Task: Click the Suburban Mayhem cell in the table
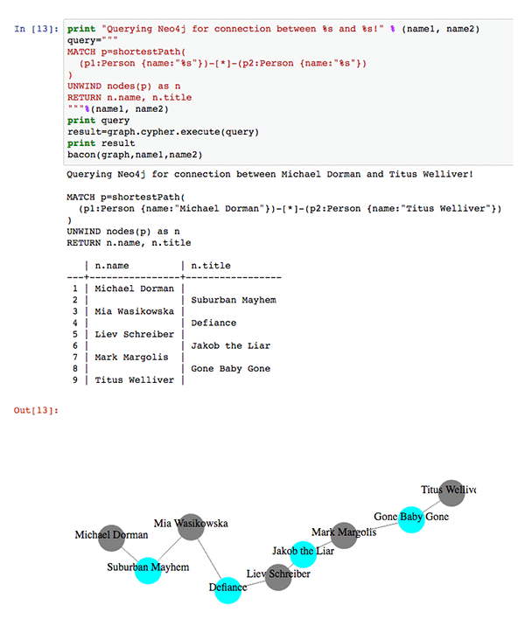pos(233,300)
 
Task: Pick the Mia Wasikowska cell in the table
pos(134,311)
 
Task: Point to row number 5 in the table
pos(75,334)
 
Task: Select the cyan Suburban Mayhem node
pos(148,569)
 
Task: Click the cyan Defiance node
pos(227,589)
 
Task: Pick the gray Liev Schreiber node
pos(279,576)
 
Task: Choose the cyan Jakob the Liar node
pos(302,553)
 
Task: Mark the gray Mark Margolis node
pos(345,533)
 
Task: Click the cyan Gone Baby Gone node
pos(412,518)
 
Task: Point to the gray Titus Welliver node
pos(450,491)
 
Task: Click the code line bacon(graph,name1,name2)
pos(134,155)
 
